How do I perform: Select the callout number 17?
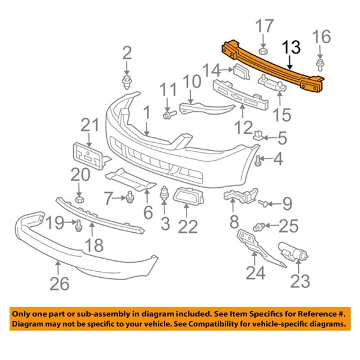coord(264,27)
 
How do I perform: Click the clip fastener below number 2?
coord(127,81)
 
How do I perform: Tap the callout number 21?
coord(89,126)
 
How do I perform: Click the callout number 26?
coord(59,281)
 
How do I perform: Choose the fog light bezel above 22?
coord(186,196)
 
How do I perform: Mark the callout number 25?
coord(288,226)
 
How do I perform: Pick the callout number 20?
coord(79,175)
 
